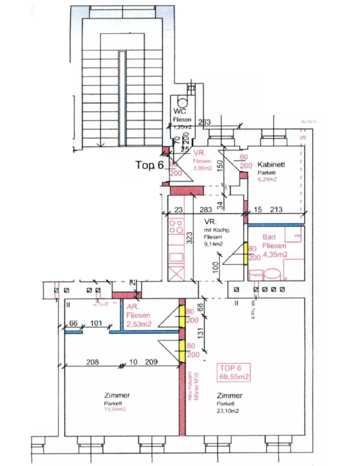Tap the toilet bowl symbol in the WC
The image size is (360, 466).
[183, 102]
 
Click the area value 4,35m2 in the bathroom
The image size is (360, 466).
[275, 255]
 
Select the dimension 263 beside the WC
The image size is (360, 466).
[204, 122]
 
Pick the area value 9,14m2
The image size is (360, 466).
[214, 244]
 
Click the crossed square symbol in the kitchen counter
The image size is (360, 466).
[177, 274]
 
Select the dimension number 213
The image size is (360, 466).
[275, 210]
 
